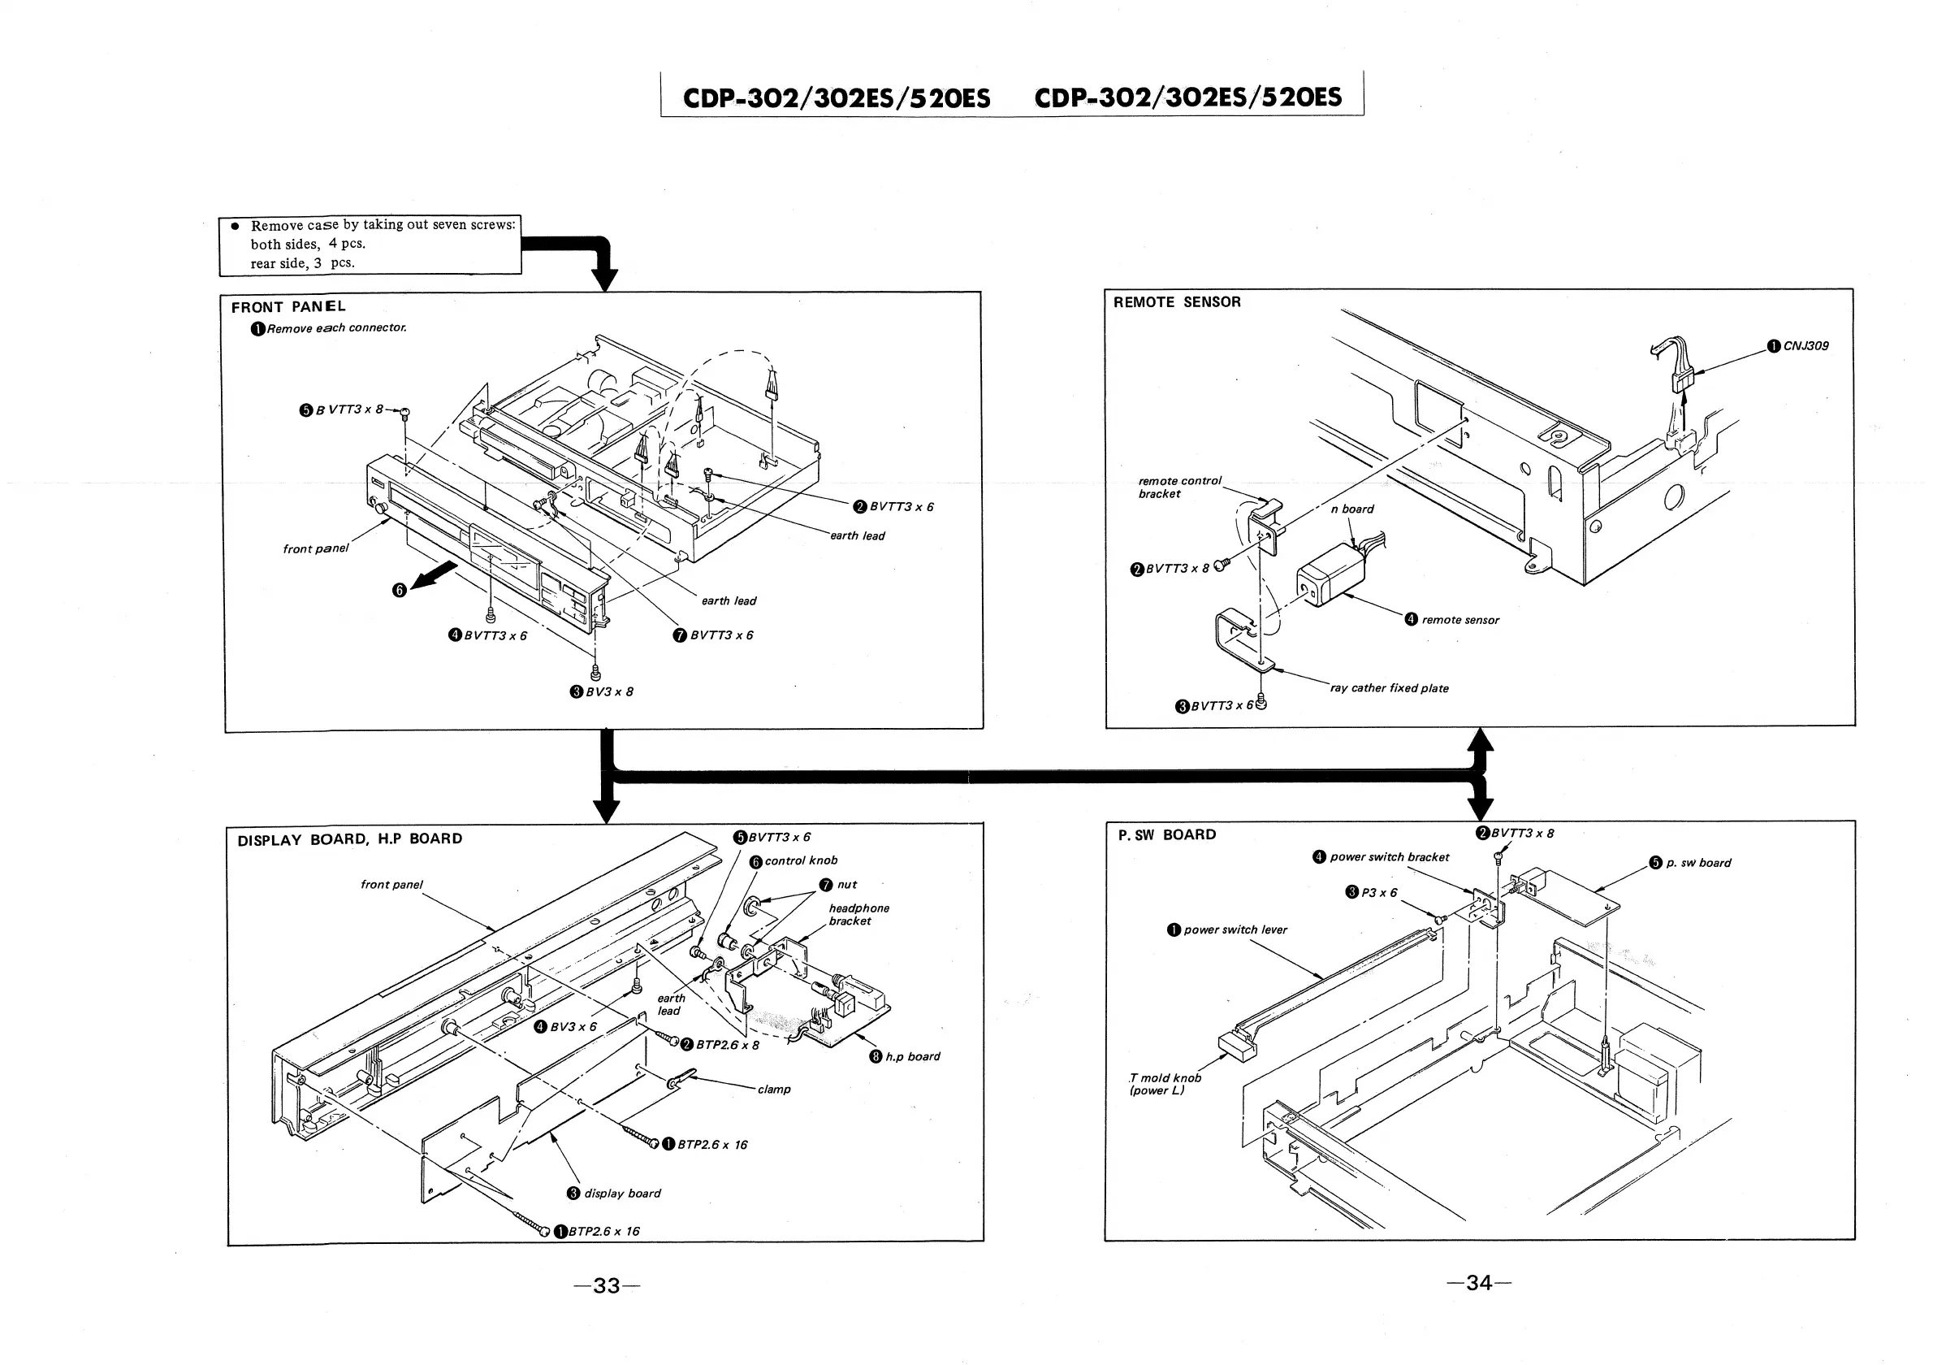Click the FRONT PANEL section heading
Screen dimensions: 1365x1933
tap(288, 307)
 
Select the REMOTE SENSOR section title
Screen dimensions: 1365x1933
tap(1176, 302)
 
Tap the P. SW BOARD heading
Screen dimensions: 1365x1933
tap(1167, 835)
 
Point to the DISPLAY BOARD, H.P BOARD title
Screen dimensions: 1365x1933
tap(349, 839)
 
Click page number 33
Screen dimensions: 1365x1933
tap(606, 1286)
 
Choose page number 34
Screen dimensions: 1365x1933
tap(1478, 1282)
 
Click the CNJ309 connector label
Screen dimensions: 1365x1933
tap(1805, 346)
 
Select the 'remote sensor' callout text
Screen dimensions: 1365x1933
tap(1459, 621)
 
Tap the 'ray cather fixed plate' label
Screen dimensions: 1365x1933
tap(1389, 689)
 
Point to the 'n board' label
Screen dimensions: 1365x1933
tap(1352, 509)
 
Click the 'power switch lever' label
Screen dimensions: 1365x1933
tap(1235, 930)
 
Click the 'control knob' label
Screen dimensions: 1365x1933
tap(801, 861)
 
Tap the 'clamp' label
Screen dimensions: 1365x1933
tap(774, 1090)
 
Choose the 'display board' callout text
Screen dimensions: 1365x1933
tap(622, 1194)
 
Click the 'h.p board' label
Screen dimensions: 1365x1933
tap(913, 1057)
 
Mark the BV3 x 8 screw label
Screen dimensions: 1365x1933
tap(608, 692)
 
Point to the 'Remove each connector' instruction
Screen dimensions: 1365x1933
tap(336, 328)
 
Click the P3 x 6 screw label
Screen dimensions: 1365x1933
tap(1379, 894)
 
